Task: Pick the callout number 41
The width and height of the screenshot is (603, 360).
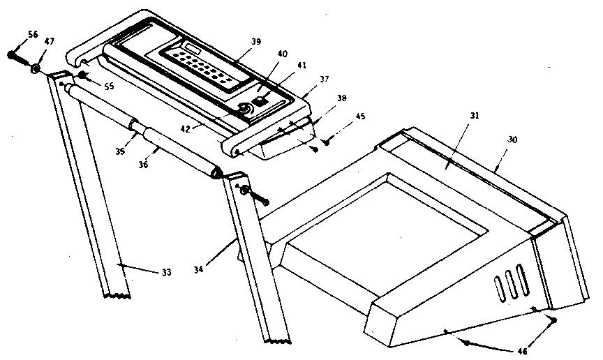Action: click(x=301, y=66)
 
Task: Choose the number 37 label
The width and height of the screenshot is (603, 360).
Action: click(x=323, y=80)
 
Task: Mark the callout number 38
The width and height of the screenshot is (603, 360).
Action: click(x=341, y=99)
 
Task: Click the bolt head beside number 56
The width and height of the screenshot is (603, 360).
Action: click(x=12, y=54)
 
